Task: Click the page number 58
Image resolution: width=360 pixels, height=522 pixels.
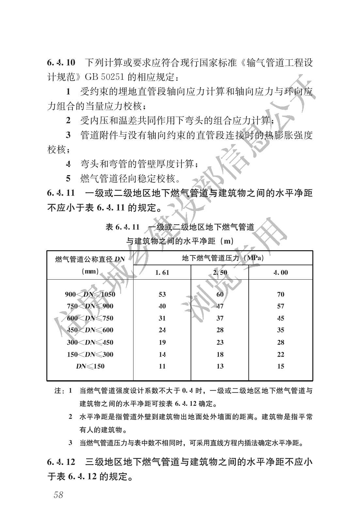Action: [x=59, y=495]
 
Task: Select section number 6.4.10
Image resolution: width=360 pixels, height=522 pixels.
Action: [x=61, y=62]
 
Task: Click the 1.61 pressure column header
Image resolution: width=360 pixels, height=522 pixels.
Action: [x=162, y=272]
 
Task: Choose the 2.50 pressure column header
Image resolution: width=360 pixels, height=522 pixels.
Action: [x=220, y=272]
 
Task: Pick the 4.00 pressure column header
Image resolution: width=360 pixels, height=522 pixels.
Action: [x=281, y=272]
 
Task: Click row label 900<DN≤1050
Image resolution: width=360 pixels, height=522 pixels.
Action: [x=90, y=294]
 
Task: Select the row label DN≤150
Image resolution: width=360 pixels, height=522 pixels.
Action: [x=90, y=366]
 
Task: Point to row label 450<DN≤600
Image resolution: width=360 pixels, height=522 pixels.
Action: [x=90, y=330]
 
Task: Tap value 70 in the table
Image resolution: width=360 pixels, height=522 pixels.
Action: [x=281, y=294]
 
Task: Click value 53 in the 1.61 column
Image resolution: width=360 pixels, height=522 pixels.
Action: [x=162, y=294]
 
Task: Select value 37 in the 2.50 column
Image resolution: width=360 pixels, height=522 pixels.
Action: [x=220, y=318]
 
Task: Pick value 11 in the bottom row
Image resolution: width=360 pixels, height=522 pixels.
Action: [x=162, y=366]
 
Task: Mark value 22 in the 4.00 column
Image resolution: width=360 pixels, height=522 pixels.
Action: [x=281, y=354]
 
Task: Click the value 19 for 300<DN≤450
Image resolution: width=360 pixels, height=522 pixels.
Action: [x=162, y=342]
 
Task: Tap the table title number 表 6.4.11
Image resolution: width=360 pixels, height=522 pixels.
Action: [x=122, y=227]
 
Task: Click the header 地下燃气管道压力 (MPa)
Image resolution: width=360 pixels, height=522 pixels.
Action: [x=223, y=258]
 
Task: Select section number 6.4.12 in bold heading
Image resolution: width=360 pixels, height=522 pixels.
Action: [x=61, y=462]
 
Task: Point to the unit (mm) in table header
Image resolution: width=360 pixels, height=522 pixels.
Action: [x=90, y=271]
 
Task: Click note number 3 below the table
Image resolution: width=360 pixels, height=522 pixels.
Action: [x=70, y=443]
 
